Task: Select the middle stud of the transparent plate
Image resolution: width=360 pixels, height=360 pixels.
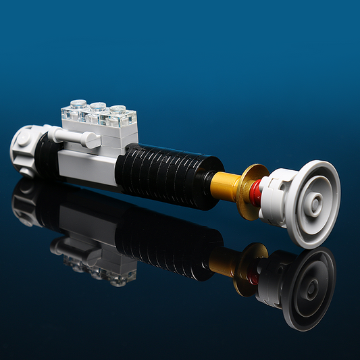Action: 99,107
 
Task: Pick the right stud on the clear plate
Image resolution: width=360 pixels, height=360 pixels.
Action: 118,109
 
